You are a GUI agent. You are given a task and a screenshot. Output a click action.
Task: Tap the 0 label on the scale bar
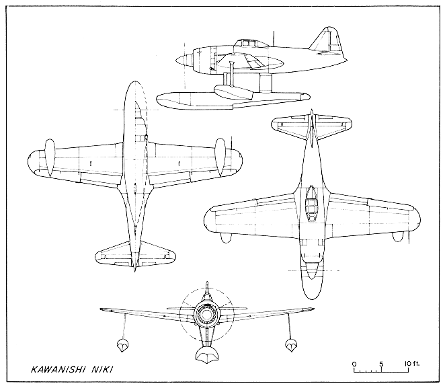[354, 364]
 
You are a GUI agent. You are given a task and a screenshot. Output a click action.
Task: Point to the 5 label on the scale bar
[381, 364]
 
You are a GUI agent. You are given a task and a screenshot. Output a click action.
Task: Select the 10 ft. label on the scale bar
[412, 364]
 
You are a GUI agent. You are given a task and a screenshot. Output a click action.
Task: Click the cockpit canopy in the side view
[246, 43]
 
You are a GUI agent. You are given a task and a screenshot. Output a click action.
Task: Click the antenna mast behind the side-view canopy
[274, 38]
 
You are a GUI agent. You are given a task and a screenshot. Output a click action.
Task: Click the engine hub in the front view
[206, 315]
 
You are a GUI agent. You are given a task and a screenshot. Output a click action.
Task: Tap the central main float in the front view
[207, 354]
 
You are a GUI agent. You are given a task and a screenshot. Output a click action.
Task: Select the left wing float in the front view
[122, 345]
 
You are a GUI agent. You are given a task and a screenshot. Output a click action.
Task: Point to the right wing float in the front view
[291, 345]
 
